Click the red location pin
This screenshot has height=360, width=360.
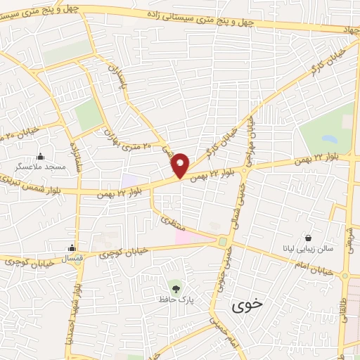(x=181, y=164)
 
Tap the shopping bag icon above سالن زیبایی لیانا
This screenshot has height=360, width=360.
(x=309, y=238)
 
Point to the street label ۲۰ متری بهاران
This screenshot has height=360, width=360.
(x=127, y=141)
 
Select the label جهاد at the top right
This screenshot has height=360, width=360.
(x=349, y=31)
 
